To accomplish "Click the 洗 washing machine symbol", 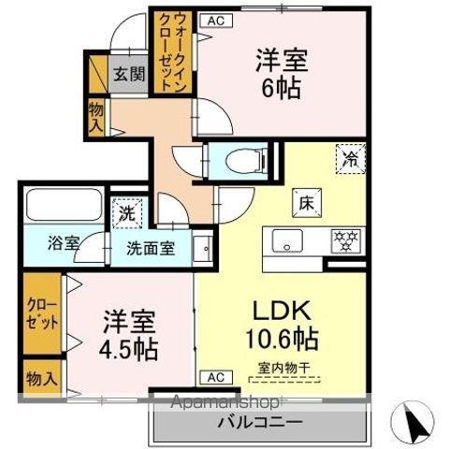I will pyautogui.click(x=124, y=212).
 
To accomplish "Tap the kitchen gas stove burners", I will pyautogui.click(x=344, y=240).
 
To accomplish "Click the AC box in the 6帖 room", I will pyautogui.click(x=216, y=19).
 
